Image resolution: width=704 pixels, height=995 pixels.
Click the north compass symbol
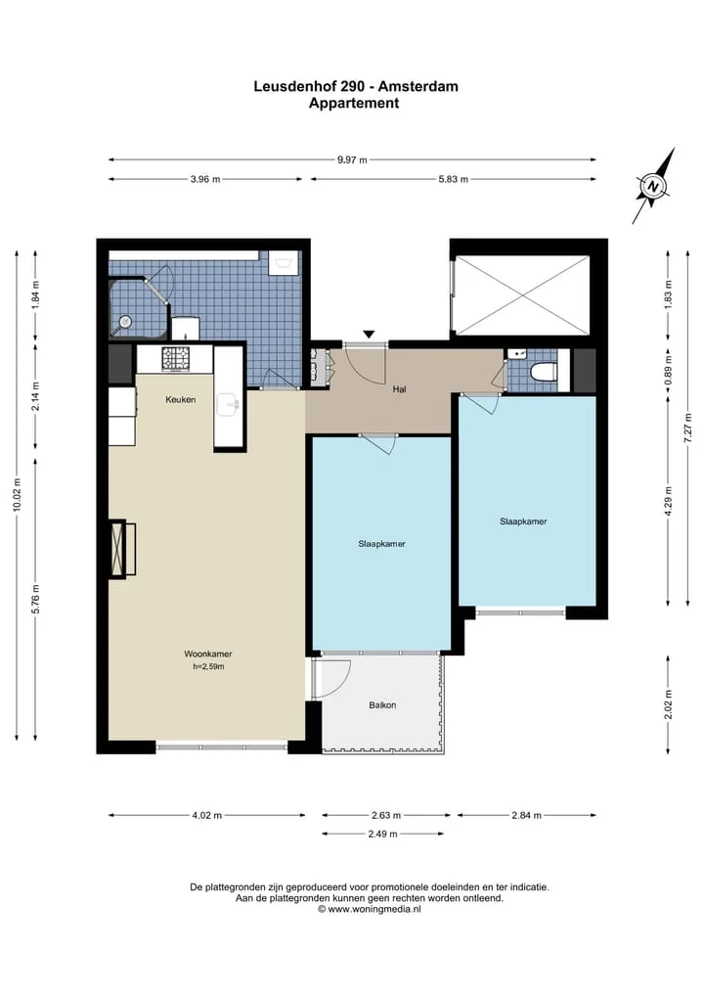pyautogui.click(x=653, y=186)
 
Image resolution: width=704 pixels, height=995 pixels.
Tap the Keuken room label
pyautogui.click(x=181, y=400)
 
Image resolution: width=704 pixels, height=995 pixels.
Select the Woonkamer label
pyautogui.click(x=208, y=654)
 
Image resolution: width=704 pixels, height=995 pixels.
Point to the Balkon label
pyautogui.click(x=382, y=705)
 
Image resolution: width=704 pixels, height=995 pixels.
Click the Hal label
pyautogui.click(x=399, y=389)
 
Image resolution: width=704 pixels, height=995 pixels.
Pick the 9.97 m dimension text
pyautogui.click(x=352, y=159)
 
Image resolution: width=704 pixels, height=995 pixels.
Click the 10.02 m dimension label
pyautogui.click(x=18, y=495)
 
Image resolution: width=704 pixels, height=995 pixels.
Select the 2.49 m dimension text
pyautogui.click(x=382, y=834)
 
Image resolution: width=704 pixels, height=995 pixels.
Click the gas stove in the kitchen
pyautogui.click(x=176, y=358)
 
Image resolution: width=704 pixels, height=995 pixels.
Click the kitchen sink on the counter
pyautogui.click(x=228, y=405)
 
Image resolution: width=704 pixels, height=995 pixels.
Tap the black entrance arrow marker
pyautogui.click(x=369, y=335)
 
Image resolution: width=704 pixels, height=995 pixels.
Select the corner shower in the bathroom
pyautogui.click(x=133, y=308)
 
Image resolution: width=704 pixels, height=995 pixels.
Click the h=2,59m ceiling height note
pyautogui.click(x=208, y=667)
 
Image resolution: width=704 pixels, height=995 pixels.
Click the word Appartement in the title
pyautogui.click(x=354, y=104)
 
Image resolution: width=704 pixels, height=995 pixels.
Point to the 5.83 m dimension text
pyautogui.click(x=454, y=180)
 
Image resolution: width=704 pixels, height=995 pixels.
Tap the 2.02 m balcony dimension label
pyautogui.click(x=668, y=705)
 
